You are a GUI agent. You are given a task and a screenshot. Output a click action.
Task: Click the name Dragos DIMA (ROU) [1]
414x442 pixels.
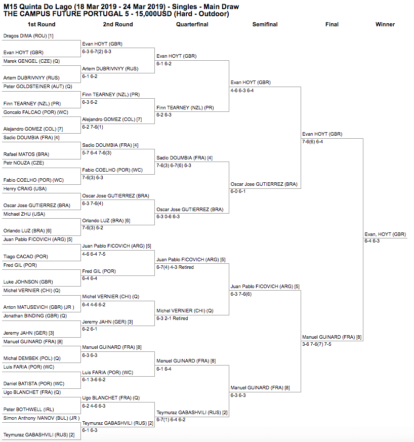[28, 36]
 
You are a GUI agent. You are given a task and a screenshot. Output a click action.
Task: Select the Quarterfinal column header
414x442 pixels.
[192, 24]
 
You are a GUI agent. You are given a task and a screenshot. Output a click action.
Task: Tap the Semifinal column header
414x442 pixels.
[265, 24]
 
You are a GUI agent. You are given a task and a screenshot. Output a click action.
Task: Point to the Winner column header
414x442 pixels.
[385, 24]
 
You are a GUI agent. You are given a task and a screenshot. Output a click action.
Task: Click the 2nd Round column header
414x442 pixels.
[118, 24]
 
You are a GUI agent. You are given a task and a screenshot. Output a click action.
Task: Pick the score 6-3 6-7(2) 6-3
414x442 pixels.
[97, 52]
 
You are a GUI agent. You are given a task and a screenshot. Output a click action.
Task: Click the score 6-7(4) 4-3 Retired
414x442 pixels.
[175, 267]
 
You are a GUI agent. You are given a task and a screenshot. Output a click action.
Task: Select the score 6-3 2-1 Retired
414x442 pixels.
[172, 318]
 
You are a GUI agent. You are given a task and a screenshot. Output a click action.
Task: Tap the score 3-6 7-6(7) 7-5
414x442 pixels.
[317, 344]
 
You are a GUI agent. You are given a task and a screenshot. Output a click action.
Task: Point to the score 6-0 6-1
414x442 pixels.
[238, 191]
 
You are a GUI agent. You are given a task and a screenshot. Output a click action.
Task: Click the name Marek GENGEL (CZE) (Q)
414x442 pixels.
[31, 61]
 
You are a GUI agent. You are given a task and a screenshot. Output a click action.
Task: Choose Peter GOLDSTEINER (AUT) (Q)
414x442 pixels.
[38, 87]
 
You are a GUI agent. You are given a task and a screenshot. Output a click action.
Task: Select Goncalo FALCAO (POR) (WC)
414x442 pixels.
[36, 112]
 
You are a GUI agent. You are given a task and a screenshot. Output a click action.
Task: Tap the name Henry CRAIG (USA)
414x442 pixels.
[25, 189]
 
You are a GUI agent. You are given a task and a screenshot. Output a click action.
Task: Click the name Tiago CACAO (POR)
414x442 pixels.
[26, 257]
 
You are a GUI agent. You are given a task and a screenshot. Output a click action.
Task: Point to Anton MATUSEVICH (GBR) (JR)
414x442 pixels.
[38, 307]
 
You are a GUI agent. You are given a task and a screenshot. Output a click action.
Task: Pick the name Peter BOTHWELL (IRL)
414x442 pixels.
[28, 409]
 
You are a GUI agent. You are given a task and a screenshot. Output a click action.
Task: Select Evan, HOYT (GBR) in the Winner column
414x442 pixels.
[385, 234]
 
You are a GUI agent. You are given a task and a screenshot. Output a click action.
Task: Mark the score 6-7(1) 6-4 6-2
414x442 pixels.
[171, 420]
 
